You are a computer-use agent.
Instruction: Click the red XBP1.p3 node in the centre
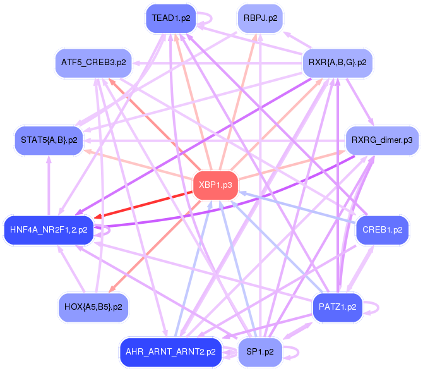pos(216,185)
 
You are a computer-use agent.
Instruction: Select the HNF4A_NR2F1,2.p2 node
pos(49,229)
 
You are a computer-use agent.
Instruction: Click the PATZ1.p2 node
pos(338,307)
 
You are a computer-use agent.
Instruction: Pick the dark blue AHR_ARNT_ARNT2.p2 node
pos(170,351)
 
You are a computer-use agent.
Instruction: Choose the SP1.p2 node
pos(259,351)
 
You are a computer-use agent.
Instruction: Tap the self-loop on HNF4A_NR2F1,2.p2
pos(104,230)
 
